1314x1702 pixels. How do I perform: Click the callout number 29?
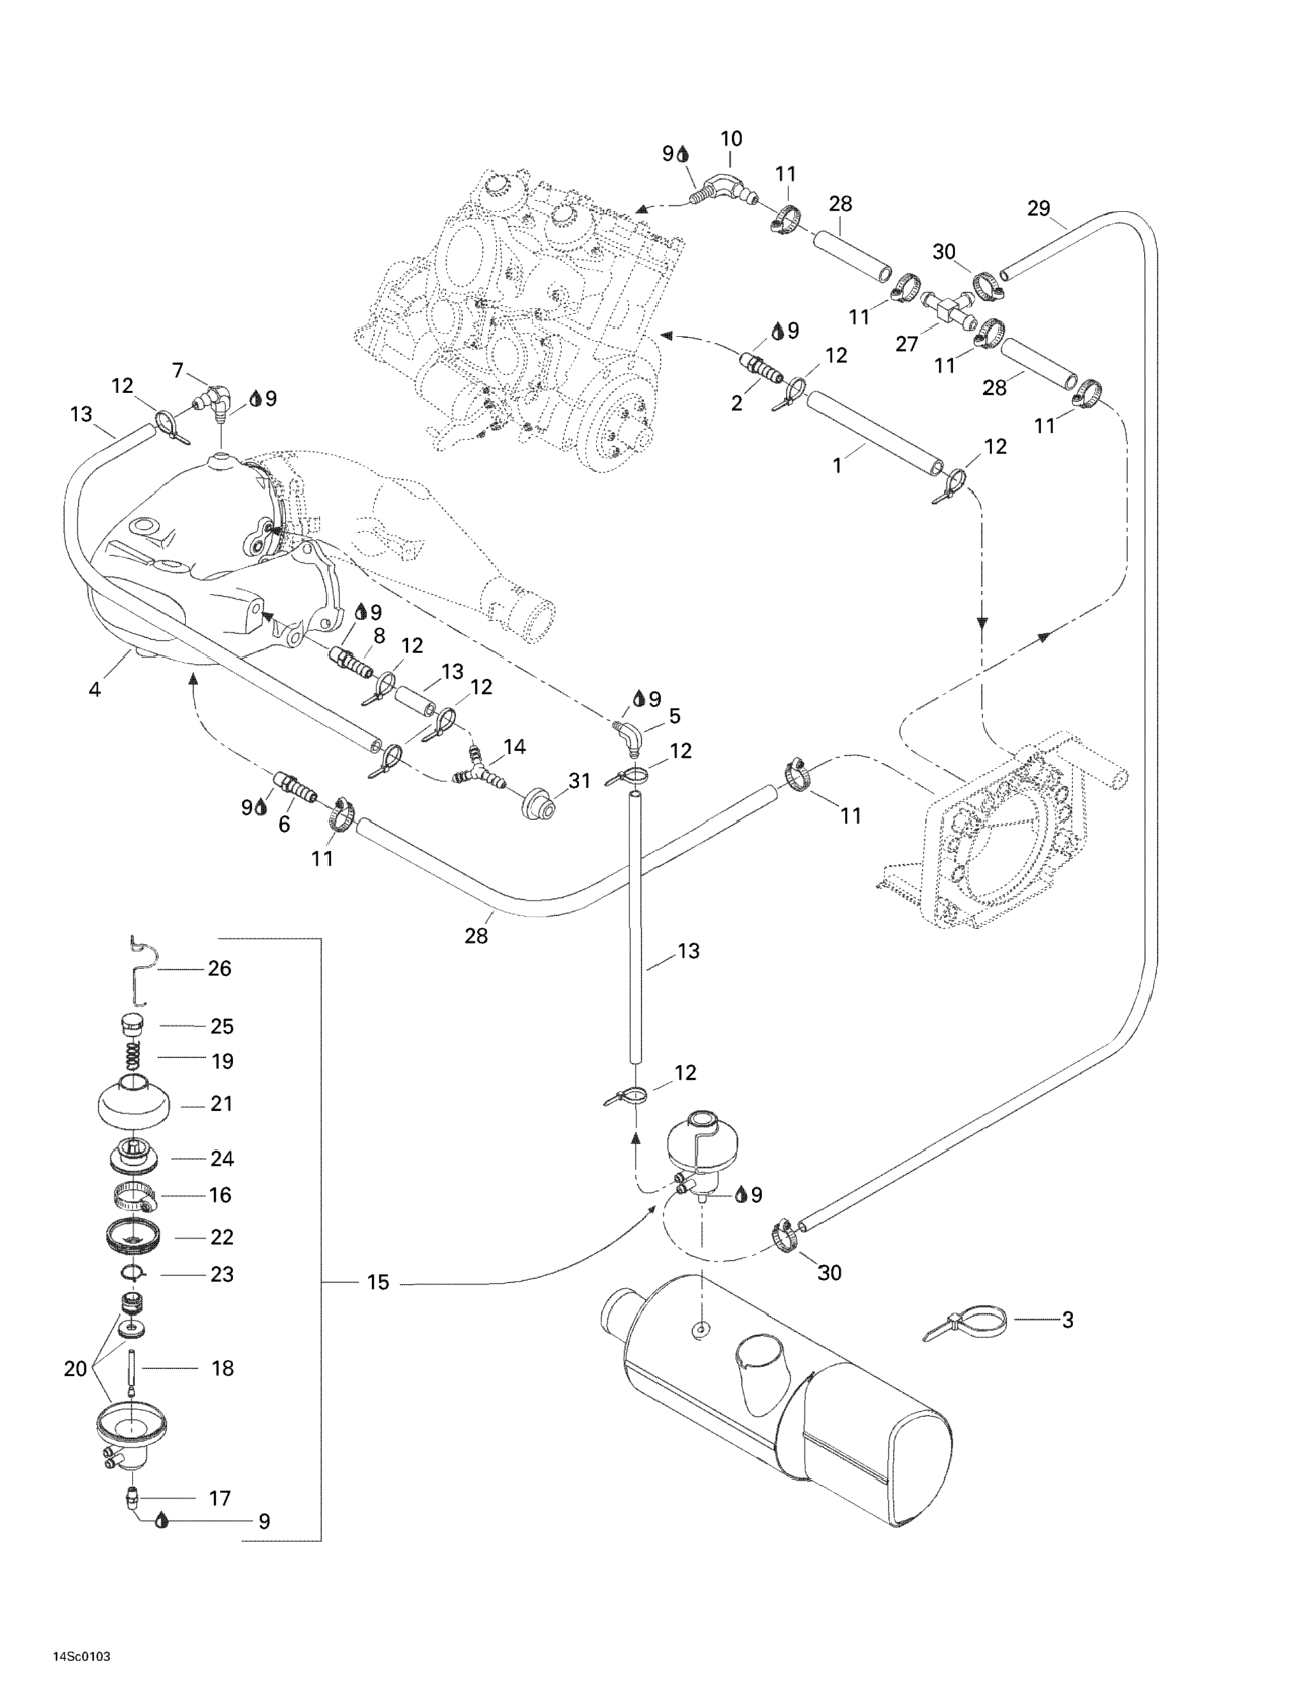point(1038,209)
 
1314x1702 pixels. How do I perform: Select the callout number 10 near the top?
point(731,140)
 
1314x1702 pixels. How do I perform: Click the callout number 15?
point(378,1283)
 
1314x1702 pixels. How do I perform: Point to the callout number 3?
point(1067,1320)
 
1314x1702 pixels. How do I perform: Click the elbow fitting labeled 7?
point(213,399)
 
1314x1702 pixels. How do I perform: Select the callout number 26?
point(220,968)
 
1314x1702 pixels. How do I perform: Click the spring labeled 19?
point(133,1060)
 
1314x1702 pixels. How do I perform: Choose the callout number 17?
point(220,1498)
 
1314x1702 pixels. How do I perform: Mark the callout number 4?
point(94,689)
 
